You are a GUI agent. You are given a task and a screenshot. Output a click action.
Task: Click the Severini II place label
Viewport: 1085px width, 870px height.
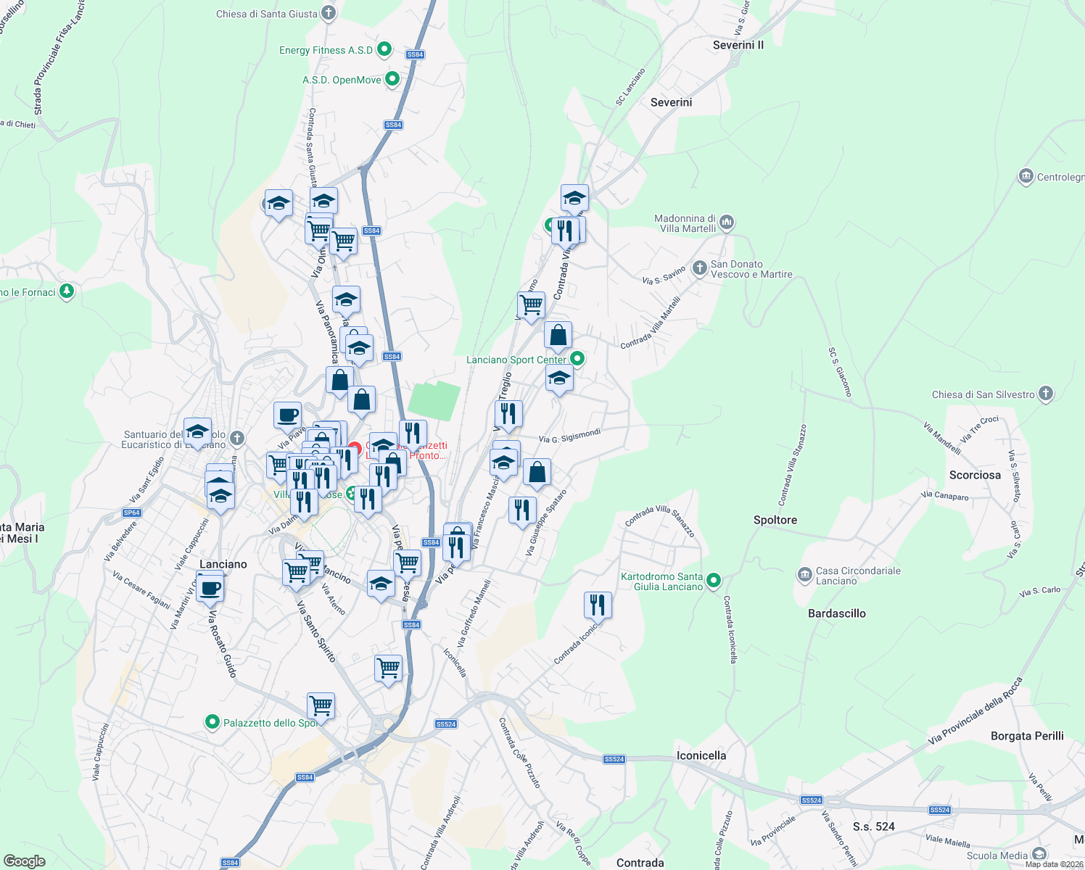tap(738, 45)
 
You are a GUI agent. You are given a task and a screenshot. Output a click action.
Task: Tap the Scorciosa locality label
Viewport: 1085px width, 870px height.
tap(975, 475)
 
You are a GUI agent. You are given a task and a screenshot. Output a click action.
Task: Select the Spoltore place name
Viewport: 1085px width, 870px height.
tap(775, 520)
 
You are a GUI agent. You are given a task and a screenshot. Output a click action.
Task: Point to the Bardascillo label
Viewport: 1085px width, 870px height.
tap(836, 613)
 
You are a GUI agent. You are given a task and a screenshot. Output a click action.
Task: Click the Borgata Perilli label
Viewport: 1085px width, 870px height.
tap(1027, 736)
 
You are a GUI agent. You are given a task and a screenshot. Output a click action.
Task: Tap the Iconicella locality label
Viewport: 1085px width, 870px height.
tap(701, 755)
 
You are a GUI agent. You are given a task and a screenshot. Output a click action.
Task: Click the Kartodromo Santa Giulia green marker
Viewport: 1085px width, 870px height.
tap(713, 580)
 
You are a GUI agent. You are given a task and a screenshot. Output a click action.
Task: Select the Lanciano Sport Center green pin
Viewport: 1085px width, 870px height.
tap(577, 359)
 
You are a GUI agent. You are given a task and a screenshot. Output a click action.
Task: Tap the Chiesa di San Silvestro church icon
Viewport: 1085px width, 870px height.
tap(1045, 394)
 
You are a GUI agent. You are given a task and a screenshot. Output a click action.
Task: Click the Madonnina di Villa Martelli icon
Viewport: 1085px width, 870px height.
tap(727, 222)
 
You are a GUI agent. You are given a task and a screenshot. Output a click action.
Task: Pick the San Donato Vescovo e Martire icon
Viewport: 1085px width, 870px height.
tap(699, 268)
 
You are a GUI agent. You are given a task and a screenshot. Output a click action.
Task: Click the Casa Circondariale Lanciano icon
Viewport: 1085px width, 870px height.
tap(804, 575)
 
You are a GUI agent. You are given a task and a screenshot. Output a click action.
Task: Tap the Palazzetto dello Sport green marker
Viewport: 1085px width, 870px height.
tap(213, 722)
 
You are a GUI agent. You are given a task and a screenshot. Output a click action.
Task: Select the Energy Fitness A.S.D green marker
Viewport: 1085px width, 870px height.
tap(384, 50)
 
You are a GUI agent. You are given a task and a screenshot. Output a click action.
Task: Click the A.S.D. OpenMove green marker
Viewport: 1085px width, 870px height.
tap(392, 79)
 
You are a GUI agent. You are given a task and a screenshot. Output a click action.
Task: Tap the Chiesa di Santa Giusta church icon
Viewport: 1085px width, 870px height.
tap(329, 13)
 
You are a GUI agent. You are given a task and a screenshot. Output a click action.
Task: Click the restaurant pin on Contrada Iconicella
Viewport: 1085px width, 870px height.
tap(598, 605)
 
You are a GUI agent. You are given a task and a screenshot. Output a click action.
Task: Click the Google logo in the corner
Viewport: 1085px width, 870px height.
tap(25, 861)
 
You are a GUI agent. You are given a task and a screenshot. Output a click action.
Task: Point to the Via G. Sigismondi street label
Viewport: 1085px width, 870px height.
tap(569, 436)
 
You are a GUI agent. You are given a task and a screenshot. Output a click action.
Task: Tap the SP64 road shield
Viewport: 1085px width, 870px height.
tap(131, 513)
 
